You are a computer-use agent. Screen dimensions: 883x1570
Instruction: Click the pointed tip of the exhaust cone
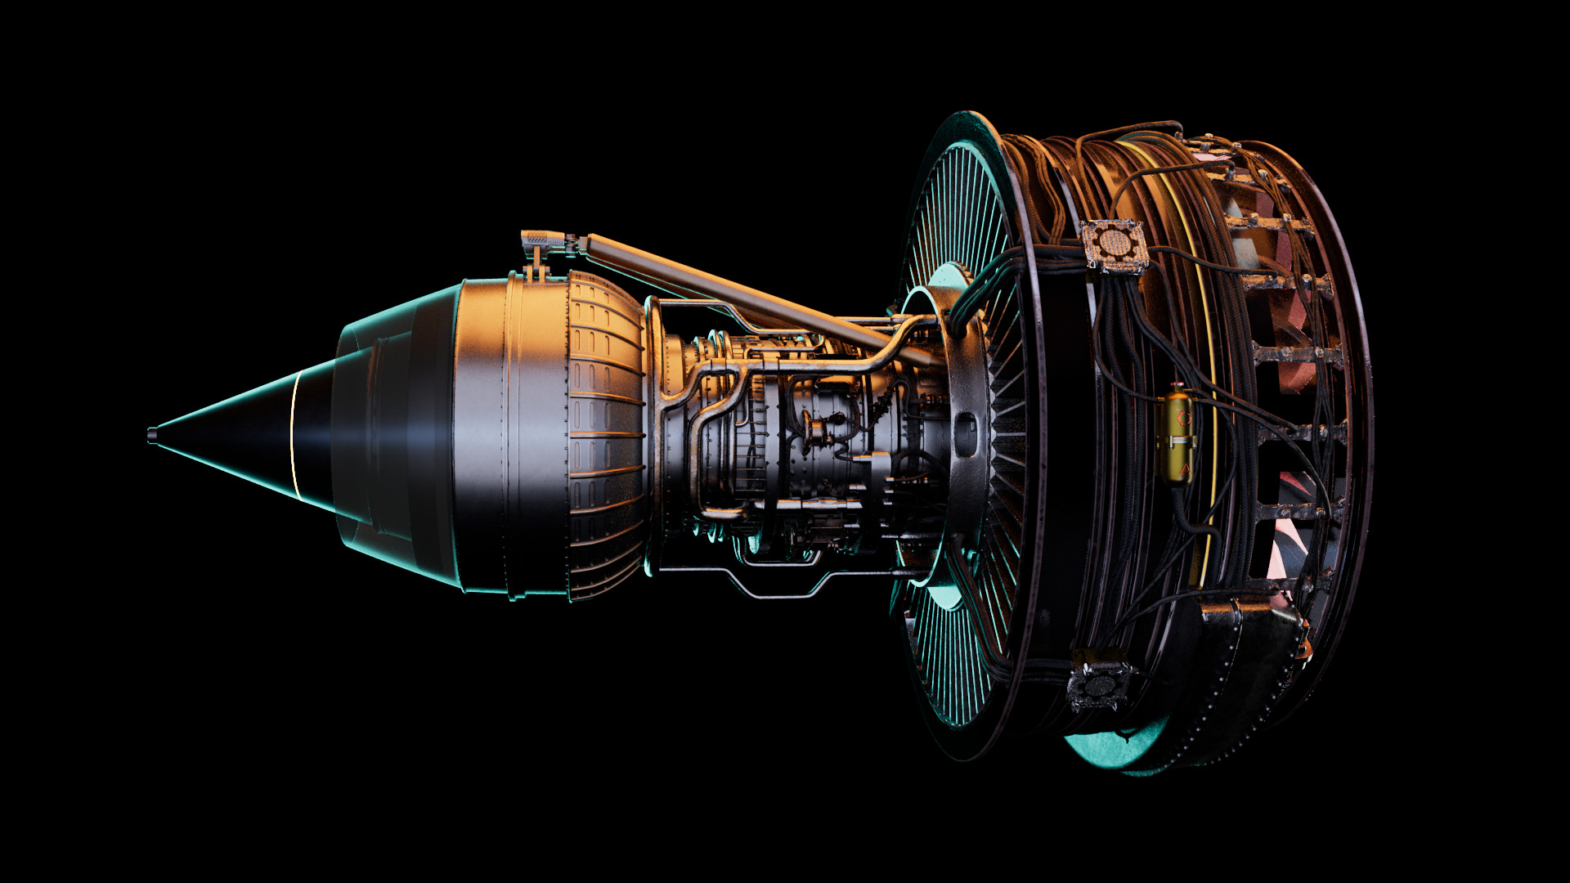click(152, 434)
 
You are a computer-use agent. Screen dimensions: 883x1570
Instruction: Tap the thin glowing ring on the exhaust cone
click(294, 433)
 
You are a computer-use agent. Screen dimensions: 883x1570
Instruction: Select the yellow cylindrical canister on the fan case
click(1178, 437)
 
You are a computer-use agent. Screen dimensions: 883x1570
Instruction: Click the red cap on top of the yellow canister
click(1178, 383)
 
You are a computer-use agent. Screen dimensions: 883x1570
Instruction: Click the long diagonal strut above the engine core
click(736, 294)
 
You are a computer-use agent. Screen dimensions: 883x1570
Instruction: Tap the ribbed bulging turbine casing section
click(605, 433)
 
